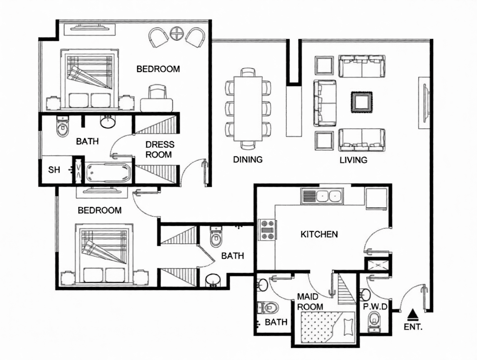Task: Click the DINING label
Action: (248, 159)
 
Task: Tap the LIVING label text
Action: (353, 160)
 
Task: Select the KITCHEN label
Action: (319, 234)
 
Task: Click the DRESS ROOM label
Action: (160, 149)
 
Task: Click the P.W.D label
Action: (375, 307)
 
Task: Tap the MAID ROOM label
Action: (310, 301)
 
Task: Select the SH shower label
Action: (54, 169)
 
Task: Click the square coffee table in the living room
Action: (362, 102)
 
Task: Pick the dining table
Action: (248, 108)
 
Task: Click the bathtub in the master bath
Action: (108, 172)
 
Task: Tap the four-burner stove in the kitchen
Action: (267, 230)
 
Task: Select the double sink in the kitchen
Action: (322, 196)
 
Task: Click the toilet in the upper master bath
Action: (63, 127)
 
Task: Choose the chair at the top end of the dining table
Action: (248, 72)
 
